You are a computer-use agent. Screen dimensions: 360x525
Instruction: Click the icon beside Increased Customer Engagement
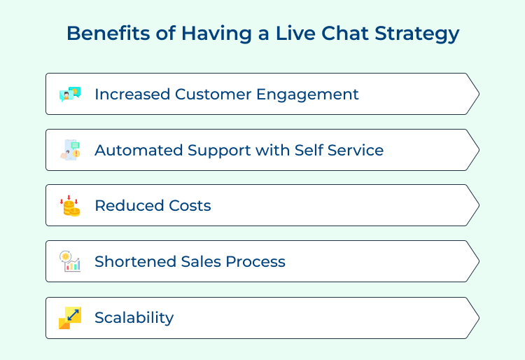pyautogui.click(x=70, y=94)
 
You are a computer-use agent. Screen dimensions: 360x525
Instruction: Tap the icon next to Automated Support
pyautogui.click(x=70, y=150)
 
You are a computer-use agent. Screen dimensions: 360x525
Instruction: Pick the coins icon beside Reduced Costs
pyautogui.click(x=70, y=206)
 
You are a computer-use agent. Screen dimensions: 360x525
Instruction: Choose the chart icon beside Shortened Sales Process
pyautogui.click(x=70, y=261)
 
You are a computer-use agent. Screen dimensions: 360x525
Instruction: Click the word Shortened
pyautogui.click(x=134, y=262)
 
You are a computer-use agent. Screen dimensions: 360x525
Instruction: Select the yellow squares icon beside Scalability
pyautogui.click(x=70, y=318)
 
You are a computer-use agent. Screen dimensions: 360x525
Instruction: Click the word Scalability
pyautogui.click(x=134, y=318)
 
